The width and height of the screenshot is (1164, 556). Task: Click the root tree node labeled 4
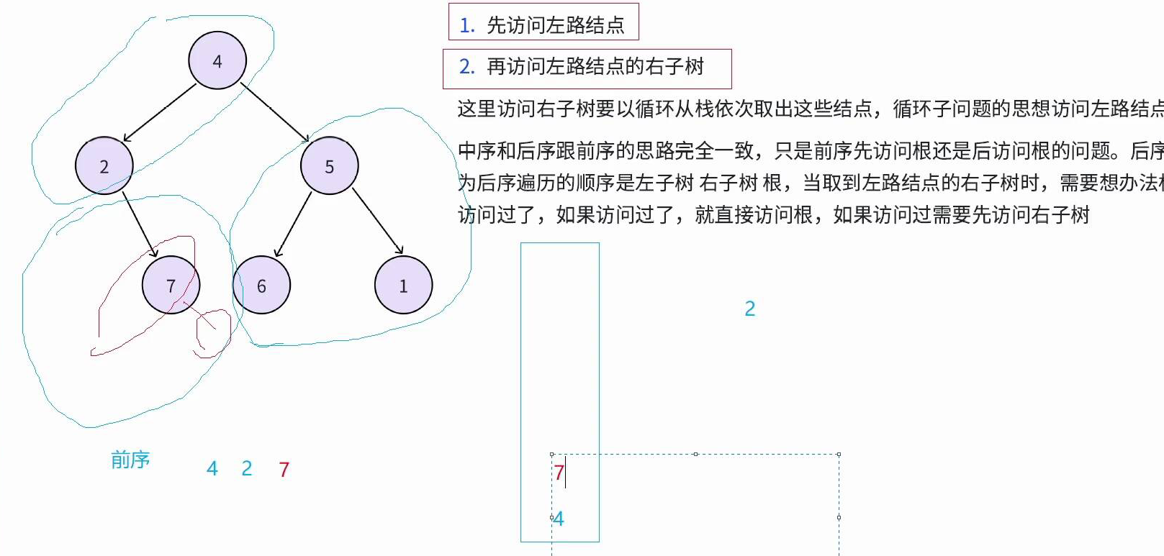[217, 60]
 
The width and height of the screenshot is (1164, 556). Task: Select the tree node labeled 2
[104, 166]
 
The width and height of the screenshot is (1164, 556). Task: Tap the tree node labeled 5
[330, 166]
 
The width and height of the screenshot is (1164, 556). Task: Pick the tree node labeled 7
[171, 286]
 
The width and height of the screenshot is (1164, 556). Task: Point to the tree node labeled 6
[261, 286]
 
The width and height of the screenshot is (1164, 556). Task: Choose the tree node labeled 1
[403, 286]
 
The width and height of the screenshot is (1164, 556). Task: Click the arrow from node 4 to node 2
[160, 113]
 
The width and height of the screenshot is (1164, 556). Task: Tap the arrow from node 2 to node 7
[140, 224]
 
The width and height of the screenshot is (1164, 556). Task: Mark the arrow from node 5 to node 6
[294, 224]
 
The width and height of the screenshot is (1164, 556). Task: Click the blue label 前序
[130, 460]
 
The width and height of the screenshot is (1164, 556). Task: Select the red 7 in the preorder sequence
[284, 470]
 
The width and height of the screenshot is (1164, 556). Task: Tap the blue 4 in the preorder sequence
[212, 469]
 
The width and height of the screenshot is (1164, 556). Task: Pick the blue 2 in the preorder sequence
[247, 469]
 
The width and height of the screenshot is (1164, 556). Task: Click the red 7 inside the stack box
[559, 473]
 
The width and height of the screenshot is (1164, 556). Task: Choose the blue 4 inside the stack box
[559, 519]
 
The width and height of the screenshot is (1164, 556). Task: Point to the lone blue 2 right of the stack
[750, 309]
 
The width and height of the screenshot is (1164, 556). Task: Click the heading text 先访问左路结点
[555, 26]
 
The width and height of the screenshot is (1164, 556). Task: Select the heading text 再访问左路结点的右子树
[595, 67]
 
